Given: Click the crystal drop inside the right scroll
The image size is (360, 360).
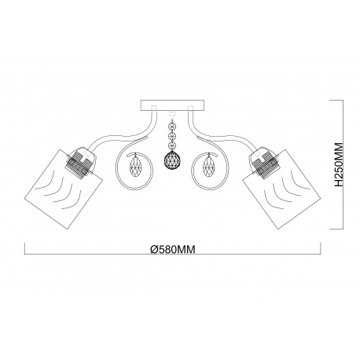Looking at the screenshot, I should (208, 167).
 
